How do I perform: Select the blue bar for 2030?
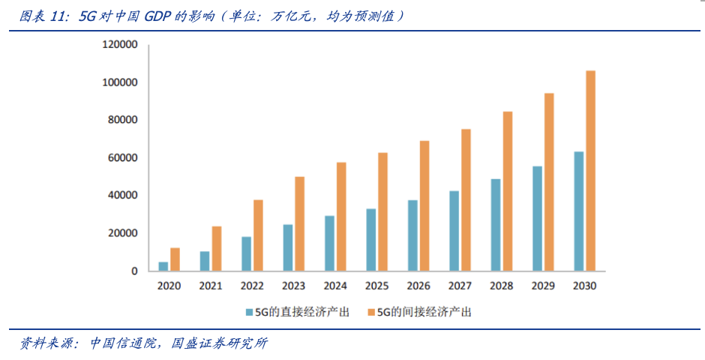point(578,211)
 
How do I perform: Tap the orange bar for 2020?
point(175,259)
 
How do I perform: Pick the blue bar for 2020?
point(163,266)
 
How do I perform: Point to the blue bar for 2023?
point(288,247)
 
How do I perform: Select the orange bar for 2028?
point(508,191)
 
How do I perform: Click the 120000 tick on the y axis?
point(120,45)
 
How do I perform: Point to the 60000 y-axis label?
point(123,157)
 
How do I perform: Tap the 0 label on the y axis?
point(134,271)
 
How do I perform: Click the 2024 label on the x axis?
point(335,286)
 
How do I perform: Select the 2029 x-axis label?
point(542,286)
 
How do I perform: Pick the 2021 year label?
point(211,286)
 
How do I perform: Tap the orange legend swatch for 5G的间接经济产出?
point(370,311)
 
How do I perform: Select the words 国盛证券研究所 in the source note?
point(220,343)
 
